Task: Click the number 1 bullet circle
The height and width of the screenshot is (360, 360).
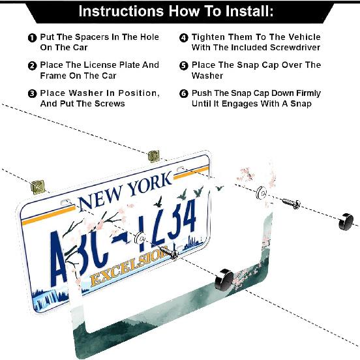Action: [32, 38]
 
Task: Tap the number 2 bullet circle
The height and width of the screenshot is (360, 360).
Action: [32, 65]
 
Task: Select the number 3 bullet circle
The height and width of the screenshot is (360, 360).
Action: [32, 93]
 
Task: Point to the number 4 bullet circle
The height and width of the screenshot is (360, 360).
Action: [184, 38]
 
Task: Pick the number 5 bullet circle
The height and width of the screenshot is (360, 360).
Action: [184, 65]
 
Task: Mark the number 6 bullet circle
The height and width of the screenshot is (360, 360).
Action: [184, 93]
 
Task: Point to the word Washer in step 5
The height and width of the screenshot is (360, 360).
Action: [208, 75]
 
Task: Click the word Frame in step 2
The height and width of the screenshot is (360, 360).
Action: [55, 75]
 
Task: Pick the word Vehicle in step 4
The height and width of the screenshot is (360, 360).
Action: [300, 37]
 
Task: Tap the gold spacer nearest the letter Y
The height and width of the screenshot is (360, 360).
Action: [154, 156]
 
